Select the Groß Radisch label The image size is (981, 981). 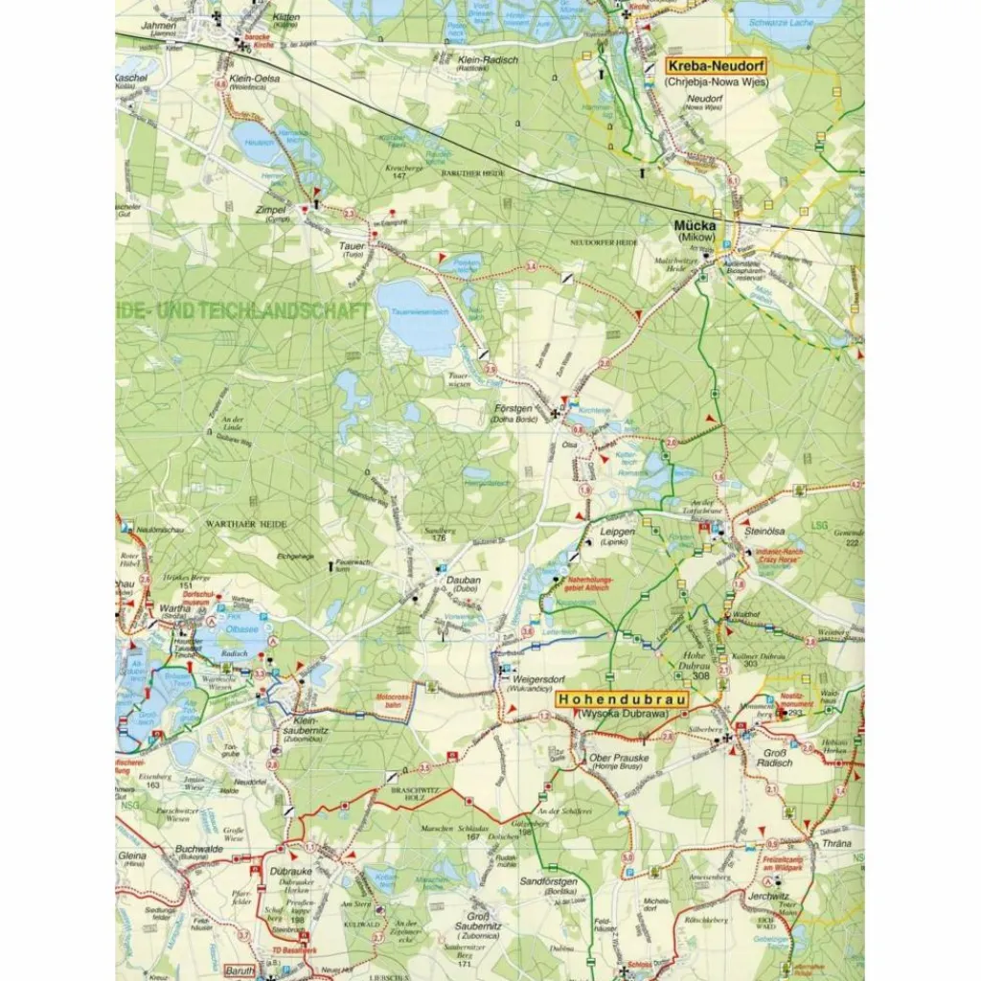point(775,760)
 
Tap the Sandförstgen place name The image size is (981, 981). point(546,878)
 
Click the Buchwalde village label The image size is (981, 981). point(198,849)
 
